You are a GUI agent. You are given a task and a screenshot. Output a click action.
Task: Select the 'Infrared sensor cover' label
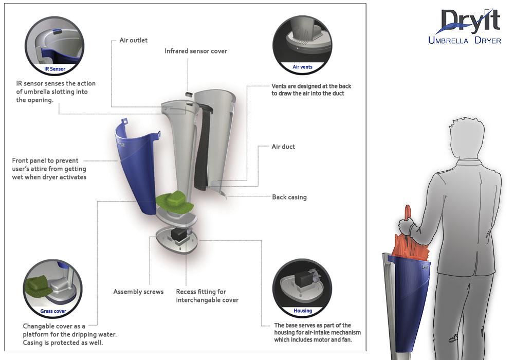[195, 51]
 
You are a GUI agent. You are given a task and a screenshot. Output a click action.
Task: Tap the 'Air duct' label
[283, 147]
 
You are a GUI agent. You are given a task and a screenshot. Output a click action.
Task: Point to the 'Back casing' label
[289, 197]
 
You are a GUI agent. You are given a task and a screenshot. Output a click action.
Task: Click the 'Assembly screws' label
[138, 292]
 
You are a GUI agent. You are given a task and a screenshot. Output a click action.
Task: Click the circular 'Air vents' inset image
[302, 43]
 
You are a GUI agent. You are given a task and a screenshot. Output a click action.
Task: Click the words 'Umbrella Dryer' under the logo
[464, 41]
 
